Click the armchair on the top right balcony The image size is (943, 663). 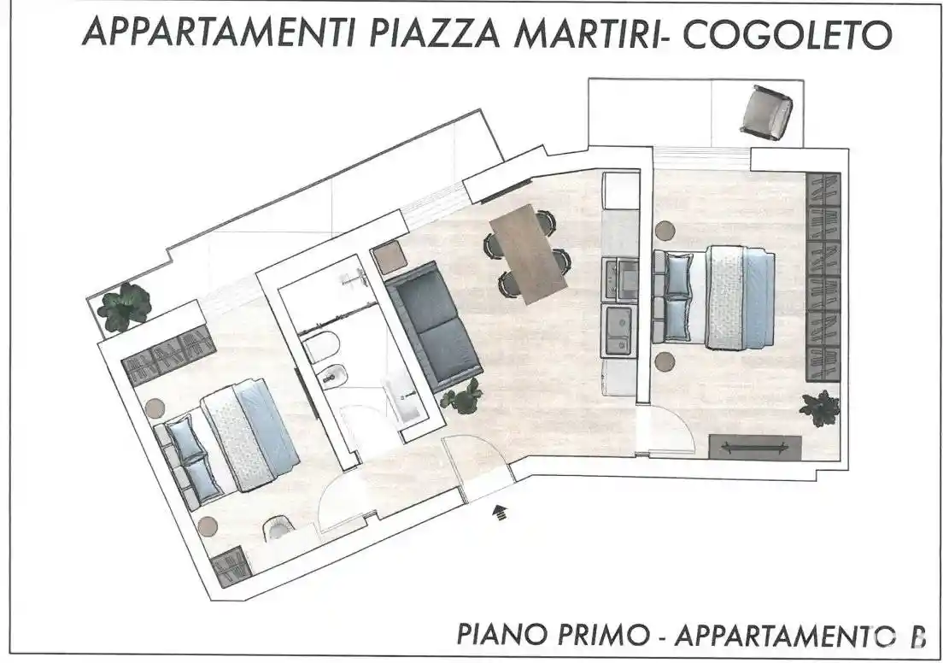coord(766,112)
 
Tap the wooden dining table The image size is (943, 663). coord(527,254)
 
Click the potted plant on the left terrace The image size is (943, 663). coord(125,306)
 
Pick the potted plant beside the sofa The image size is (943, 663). coord(463,396)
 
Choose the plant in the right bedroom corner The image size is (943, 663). coord(820,408)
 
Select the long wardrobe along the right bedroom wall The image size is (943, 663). coord(823,276)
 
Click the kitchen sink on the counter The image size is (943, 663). coord(618,331)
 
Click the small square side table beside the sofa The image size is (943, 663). coord(389,257)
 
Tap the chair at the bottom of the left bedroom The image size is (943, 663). coord(278,531)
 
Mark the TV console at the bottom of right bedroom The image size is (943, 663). coord(755,447)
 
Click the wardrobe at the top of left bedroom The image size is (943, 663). coord(167,355)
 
